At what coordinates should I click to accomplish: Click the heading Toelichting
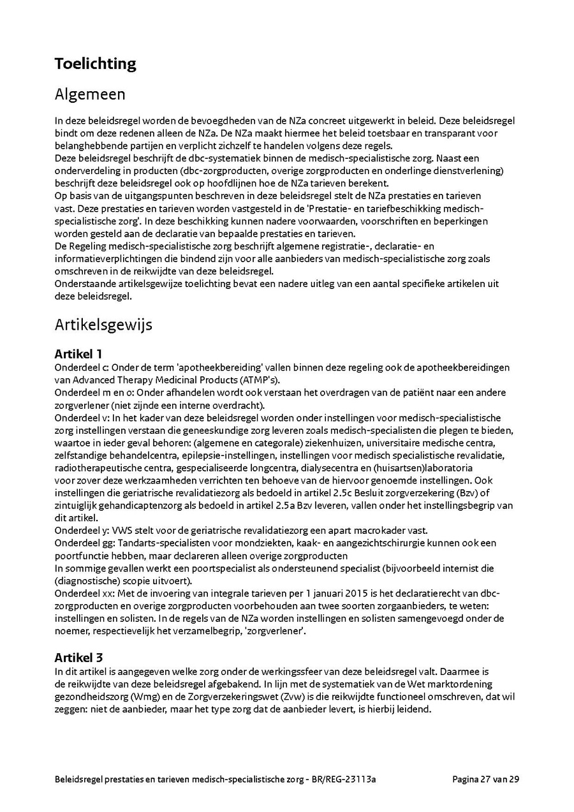95,64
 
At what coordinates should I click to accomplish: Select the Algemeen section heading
90,94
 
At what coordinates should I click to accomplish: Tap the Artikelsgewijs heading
103,325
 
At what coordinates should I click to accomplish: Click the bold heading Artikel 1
78,354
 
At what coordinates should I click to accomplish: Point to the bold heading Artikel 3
78,657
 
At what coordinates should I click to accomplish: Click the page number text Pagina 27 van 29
485,779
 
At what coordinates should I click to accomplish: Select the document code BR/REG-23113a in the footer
350,779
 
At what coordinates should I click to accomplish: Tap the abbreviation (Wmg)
147,696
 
